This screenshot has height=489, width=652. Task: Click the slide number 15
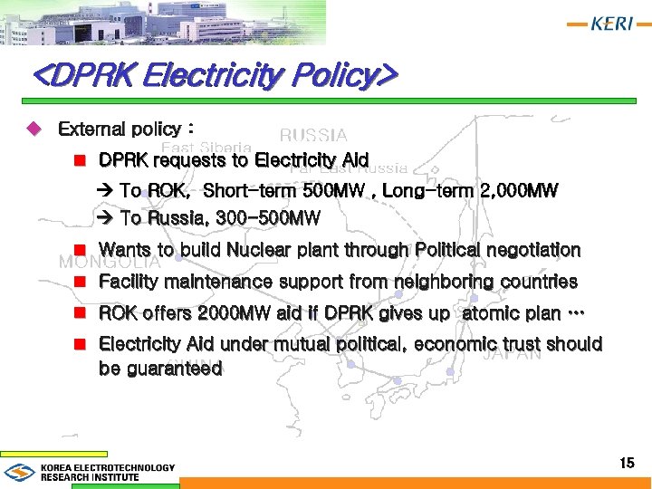coord(627,464)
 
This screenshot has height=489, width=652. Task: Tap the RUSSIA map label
coord(313,136)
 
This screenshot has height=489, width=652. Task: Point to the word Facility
coord(129,282)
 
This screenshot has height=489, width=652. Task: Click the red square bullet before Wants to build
coord(80,249)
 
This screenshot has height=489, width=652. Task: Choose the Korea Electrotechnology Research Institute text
coord(107,472)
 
